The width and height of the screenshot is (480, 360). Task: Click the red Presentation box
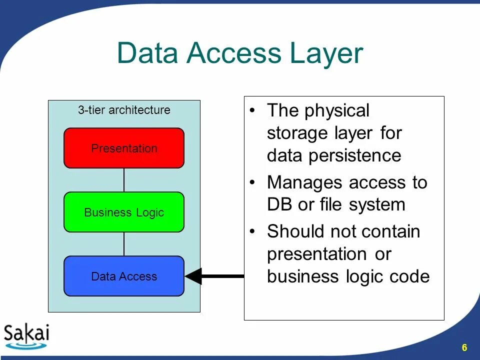click(x=124, y=148)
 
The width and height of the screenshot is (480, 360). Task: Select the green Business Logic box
click(x=124, y=212)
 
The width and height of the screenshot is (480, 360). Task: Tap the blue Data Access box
click(x=124, y=276)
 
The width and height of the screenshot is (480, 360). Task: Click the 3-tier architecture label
click(x=124, y=110)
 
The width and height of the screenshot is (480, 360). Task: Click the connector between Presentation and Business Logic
click(x=124, y=180)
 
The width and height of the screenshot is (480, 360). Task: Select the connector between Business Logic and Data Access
click(x=124, y=244)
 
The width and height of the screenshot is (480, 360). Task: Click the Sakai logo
click(x=26, y=335)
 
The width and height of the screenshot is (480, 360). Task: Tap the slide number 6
click(x=464, y=348)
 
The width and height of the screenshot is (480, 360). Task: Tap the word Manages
click(x=305, y=182)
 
